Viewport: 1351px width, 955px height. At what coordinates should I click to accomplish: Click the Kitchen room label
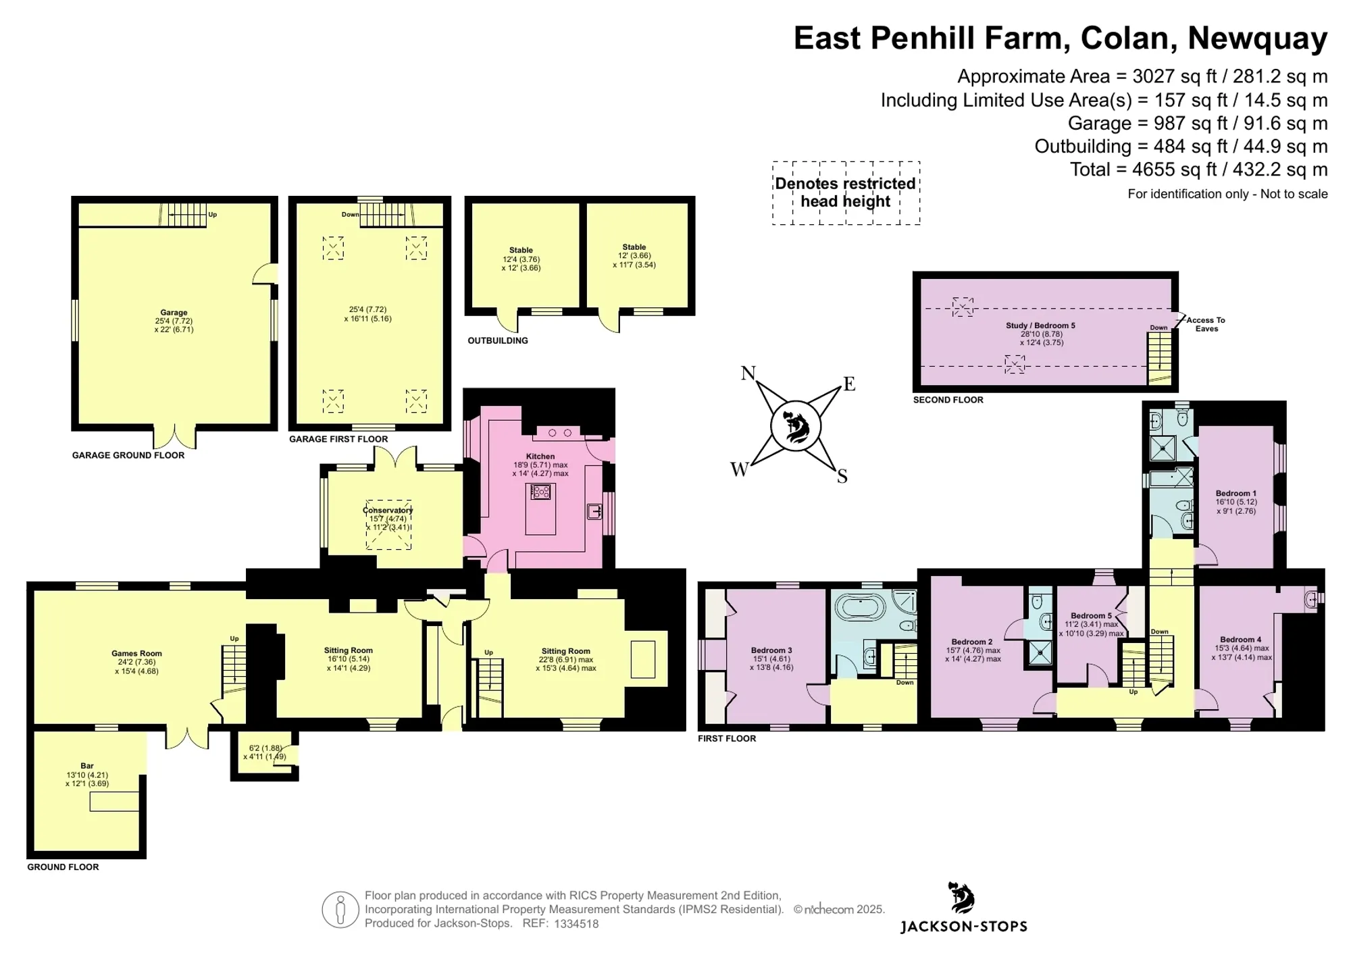540,457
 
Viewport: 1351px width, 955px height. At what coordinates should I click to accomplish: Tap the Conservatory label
388,511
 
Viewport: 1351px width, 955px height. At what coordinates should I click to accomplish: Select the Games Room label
136,654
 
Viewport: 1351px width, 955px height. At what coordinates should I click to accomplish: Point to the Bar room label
87,767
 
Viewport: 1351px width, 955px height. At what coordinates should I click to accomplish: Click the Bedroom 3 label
771,650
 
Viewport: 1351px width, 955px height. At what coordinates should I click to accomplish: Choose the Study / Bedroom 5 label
1040,326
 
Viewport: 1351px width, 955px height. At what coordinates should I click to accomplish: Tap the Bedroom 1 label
1236,494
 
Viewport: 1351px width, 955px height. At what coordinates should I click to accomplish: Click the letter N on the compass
748,373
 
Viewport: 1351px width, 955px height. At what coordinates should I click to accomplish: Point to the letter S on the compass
842,477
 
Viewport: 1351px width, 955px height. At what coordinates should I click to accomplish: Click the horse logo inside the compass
796,427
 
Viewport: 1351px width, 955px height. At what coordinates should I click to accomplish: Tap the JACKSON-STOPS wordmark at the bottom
963,927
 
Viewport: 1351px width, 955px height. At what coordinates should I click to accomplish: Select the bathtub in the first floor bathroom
860,607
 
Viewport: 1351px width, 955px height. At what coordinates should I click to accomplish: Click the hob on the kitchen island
540,492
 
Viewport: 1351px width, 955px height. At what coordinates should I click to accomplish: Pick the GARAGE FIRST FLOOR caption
338,439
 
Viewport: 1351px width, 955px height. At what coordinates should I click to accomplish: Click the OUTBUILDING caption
498,340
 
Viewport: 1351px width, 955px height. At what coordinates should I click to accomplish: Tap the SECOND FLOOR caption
948,400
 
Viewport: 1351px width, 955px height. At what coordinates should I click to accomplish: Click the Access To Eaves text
1206,324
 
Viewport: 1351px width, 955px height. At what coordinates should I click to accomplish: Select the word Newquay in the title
1258,38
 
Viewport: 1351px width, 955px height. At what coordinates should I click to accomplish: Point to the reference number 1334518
576,924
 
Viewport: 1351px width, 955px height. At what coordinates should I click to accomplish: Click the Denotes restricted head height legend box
846,192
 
